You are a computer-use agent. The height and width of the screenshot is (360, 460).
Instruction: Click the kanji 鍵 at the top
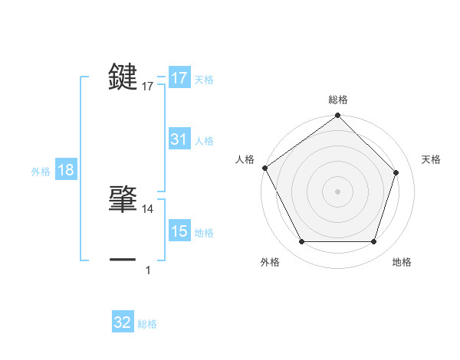123,78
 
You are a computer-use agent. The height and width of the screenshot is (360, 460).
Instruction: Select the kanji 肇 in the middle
123,197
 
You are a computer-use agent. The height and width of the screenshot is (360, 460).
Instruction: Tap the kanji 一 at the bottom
123,260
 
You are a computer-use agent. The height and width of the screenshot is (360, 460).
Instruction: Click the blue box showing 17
179,78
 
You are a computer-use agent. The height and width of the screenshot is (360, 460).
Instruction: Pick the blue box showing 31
179,139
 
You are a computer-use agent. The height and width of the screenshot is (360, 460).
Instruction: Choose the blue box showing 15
179,231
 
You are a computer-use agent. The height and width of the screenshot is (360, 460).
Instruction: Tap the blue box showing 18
66,171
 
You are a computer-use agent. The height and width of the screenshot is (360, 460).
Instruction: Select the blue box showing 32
123,322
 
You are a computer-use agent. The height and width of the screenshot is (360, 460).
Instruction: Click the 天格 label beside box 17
204,79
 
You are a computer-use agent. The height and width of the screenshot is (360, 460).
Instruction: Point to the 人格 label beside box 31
204,140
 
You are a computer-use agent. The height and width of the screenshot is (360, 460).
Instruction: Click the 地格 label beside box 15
204,232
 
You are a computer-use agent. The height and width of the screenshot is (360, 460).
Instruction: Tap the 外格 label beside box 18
41,172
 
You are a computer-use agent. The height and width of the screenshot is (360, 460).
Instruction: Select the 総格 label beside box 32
147,323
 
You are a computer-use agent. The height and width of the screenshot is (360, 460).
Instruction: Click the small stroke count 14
148,208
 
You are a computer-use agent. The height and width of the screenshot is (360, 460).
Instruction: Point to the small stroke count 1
148,270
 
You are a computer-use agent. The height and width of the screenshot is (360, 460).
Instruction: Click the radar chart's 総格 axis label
338,100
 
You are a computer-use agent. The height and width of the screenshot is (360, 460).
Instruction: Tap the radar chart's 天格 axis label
432,159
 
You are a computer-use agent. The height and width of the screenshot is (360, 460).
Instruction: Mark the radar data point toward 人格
265,168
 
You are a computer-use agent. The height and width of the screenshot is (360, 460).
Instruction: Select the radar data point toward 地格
373,242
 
